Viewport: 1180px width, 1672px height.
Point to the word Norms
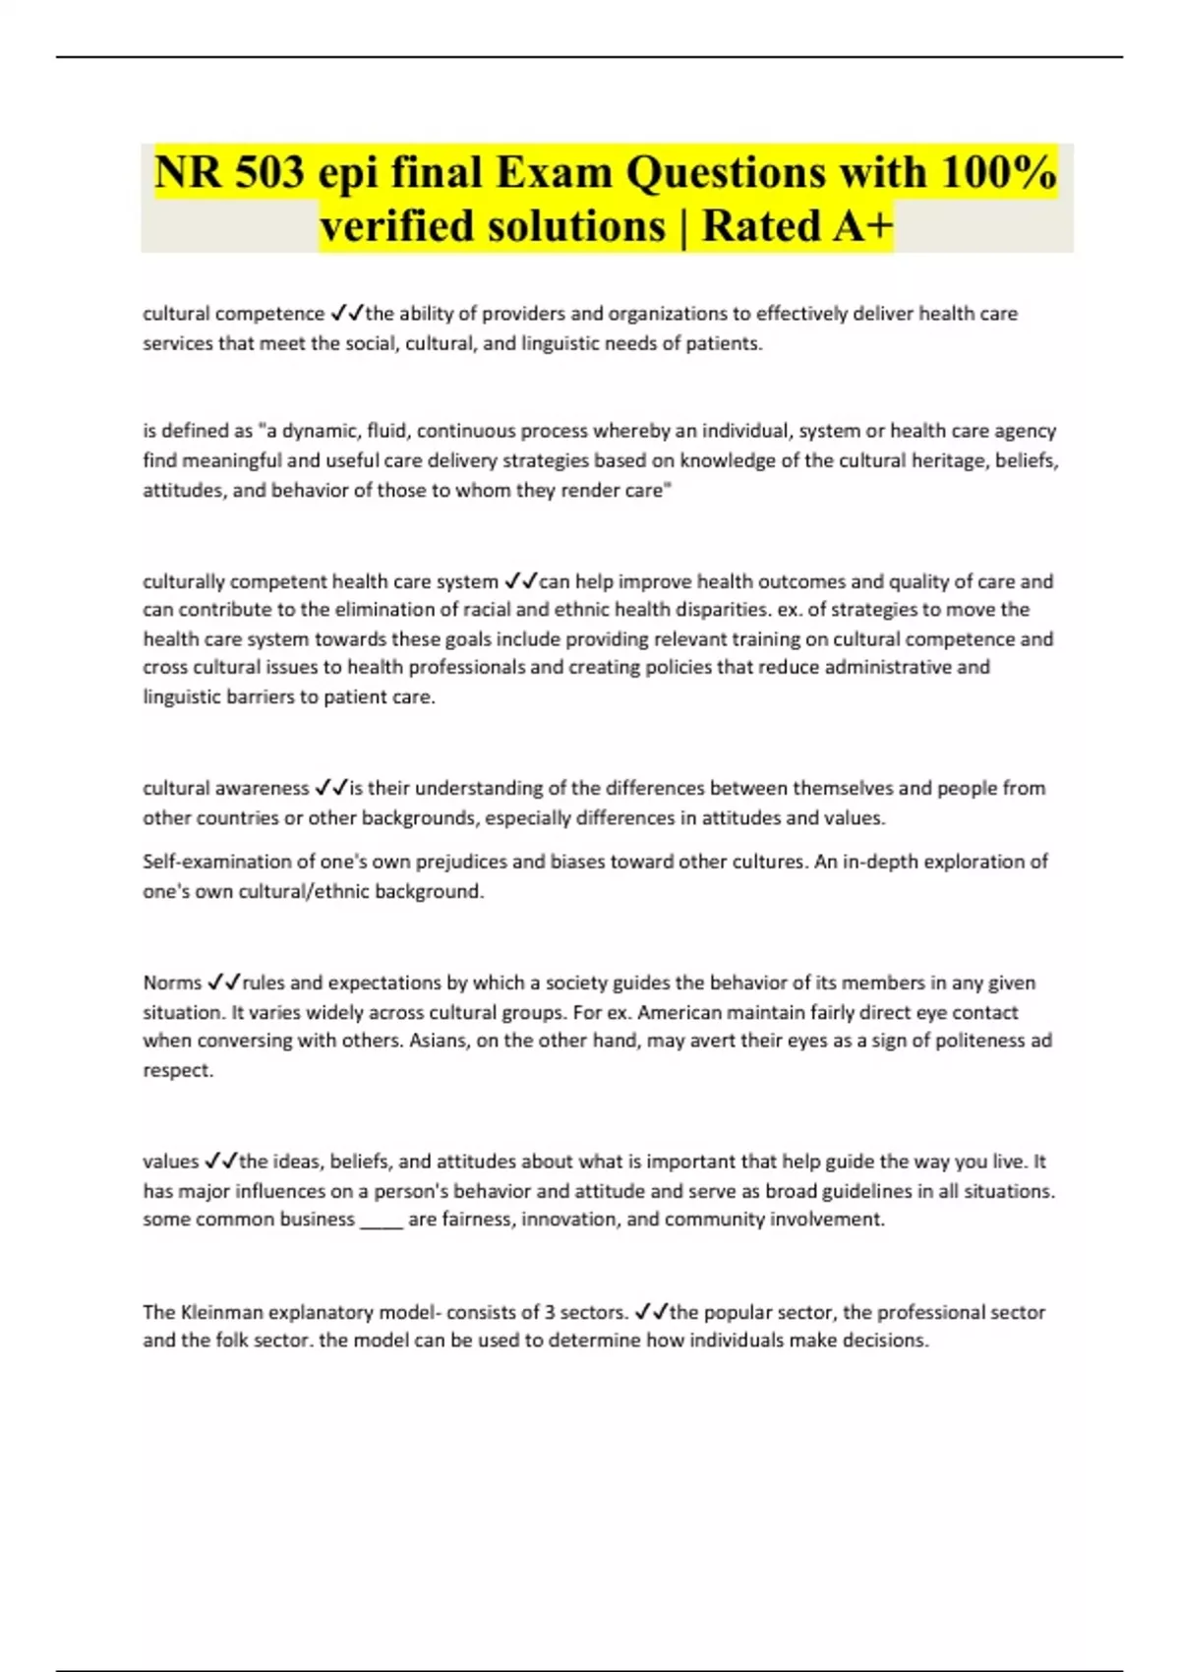(172, 983)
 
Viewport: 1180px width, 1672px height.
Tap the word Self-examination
(217, 862)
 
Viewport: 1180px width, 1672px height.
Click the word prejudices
(461, 862)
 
